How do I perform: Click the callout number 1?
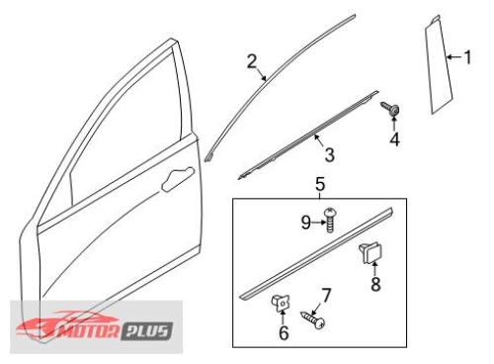(x=467, y=57)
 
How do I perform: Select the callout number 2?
(x=252, y=61)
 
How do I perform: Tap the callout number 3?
(x=329, y=154)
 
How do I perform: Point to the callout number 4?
(x=394, y=139)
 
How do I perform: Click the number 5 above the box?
(x=320, y=184)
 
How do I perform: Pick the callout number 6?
(x=284, y=332)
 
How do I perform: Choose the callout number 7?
(x=326, y=295)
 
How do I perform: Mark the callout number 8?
(x=375, y=284)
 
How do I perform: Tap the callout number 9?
(x=306, y=223)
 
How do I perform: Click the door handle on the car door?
(x=178, y=179)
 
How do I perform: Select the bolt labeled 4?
(x=390, y=109)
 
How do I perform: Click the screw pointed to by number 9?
(x=330, y=220)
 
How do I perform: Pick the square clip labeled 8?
(x=370, y=253)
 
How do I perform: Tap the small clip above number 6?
(x=281, y=304)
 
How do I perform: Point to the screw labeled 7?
(x=313, y=319)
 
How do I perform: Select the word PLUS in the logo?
(x=147, y=331)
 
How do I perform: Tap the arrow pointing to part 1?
(x=453, y=57)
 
